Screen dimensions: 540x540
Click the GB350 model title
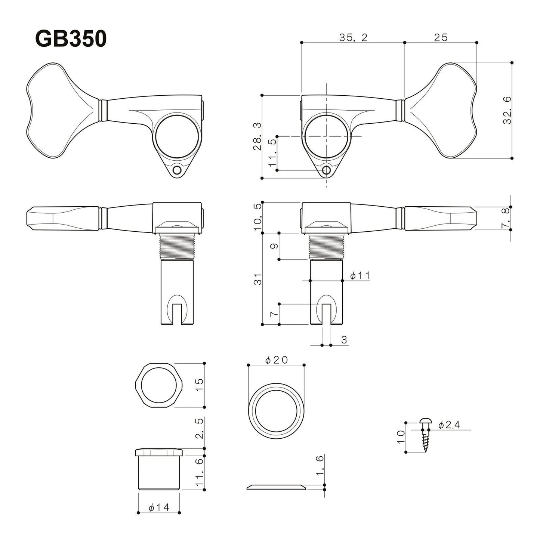click(x=71, y=39)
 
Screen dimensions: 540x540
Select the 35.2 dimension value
click(x=353, y=37)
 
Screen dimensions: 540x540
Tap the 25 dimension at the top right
click(x=441, y=37)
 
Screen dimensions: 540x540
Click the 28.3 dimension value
click(x=257, y=136)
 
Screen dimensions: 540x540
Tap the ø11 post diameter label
click(x=360, y=276)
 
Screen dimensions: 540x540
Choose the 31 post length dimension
click(x=257, y=279)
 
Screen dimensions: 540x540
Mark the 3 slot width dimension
click(x=344, y=340)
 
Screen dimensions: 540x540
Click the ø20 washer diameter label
click(x=276, y=360)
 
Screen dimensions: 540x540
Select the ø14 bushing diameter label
click(x=159, y=507)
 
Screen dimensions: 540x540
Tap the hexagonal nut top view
click(x=158, y=385)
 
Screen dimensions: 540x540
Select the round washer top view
click(x=276, y=411)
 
